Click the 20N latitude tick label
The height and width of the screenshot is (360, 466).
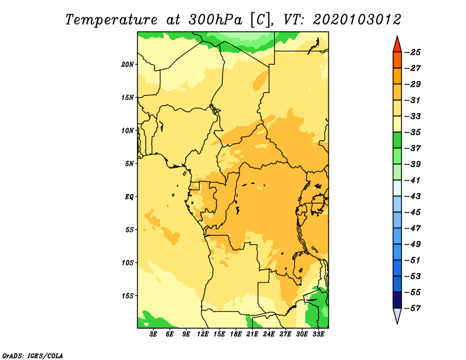[x=127, y=65]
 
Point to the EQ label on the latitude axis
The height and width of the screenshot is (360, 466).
[x=129, y=197]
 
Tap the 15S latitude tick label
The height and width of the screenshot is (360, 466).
[x=127, y=296]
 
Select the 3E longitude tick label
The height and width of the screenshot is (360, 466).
[x=153, y=334]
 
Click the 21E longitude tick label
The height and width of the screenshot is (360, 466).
[x=252, y=334]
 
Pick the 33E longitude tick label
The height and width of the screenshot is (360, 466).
[x=318, y=334]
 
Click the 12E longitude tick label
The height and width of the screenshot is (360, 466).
[x=202, y=334]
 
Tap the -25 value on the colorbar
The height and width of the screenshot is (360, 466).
[x=412, y=52]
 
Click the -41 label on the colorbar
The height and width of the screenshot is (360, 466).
[x=412, y=181]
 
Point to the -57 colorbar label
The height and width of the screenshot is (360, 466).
[x=412, y=308]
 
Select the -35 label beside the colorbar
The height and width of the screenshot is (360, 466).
[x=412, y=132]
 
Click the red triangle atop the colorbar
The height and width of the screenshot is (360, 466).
[x=397, y=45]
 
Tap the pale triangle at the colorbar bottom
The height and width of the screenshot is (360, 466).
[x=397, y=315]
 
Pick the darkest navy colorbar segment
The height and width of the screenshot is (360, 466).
[x=397, y=300]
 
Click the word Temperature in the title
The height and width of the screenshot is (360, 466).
[x=111, y=20]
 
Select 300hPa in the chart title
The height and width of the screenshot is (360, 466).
[x=215, y=20]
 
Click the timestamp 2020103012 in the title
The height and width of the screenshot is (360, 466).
[x=357, y=20]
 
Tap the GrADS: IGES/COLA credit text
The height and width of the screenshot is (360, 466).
[x=33, y=356]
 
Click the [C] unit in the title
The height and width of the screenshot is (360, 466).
[x=260, y=20]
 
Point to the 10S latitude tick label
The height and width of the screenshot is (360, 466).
[x=127, y=263]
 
